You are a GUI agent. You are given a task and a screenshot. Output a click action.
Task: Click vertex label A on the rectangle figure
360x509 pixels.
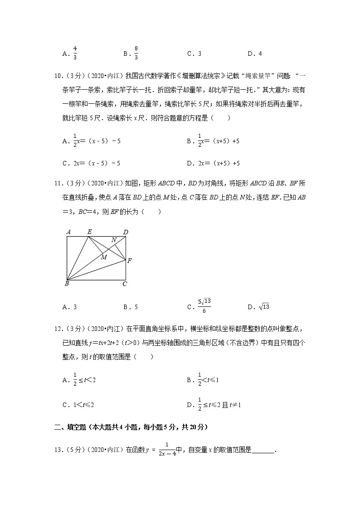coord(68,232)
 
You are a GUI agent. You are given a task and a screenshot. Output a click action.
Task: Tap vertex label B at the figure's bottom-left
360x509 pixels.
coord(67,284)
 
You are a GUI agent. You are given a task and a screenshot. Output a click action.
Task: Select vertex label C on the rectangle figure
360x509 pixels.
coord(125,284)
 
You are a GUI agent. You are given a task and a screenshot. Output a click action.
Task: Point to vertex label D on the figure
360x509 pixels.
coord(126,233)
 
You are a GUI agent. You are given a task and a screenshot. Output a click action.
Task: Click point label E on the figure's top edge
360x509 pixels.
coord(89,232)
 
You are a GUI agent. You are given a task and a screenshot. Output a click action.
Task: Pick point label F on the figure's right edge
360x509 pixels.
coord(130,261)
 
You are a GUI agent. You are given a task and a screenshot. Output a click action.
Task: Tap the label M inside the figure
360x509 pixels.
coord(104,257)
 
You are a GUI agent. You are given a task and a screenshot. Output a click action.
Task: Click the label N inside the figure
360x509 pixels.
coord(114,239)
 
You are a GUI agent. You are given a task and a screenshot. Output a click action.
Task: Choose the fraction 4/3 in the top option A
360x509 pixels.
coord(75,53)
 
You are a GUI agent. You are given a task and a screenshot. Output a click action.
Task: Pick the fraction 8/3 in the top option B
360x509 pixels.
coord(136,53)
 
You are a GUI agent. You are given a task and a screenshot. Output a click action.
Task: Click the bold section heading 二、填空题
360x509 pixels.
coord(131,427)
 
